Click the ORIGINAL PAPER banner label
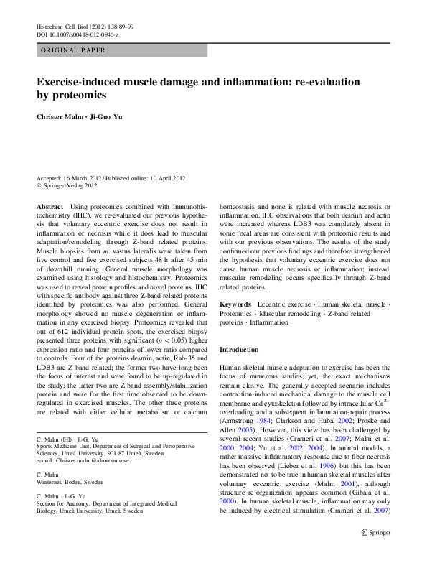tap(72, 50)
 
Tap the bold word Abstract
tap(50, 205)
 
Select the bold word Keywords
tap(235, 305)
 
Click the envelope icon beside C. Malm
tap(66, 438)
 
